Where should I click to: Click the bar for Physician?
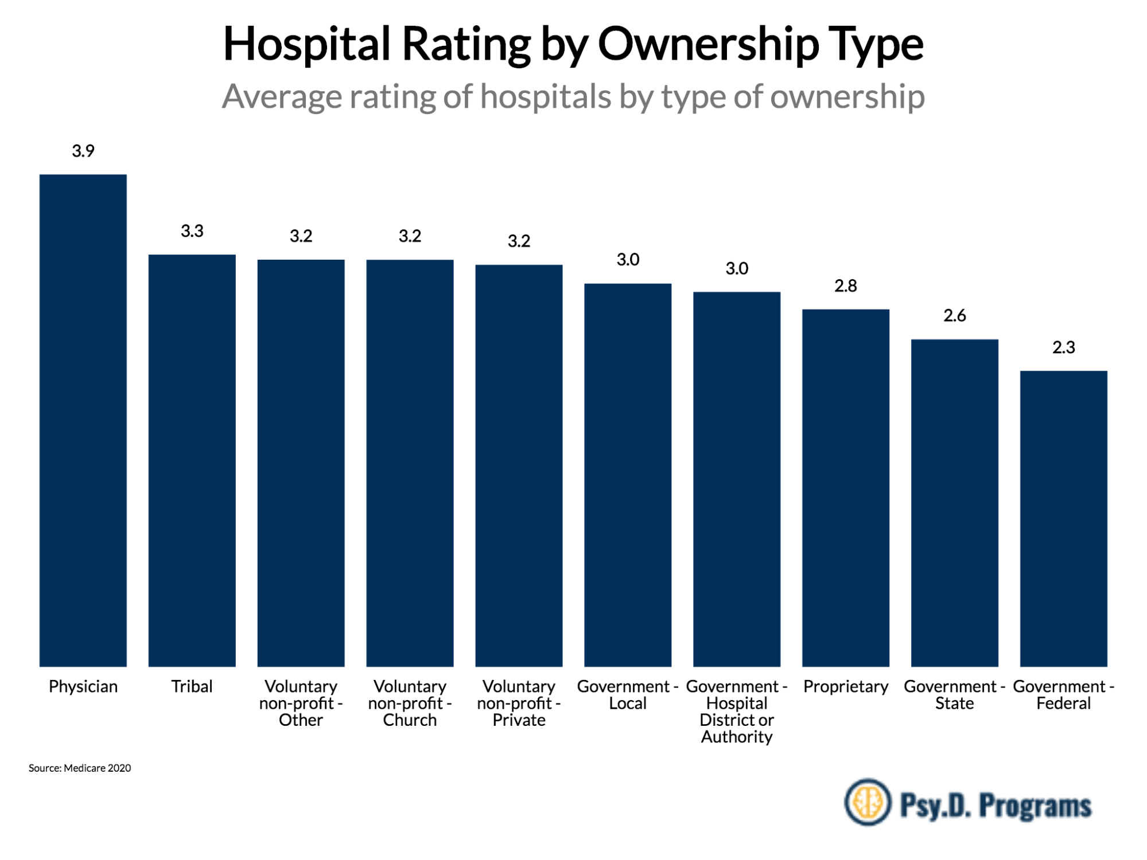coord(83,420)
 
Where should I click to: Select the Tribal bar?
coord(192,460)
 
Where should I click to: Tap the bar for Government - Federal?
coord(1063,518)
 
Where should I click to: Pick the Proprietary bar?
coord(845,488)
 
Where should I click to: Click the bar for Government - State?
coord(954,503)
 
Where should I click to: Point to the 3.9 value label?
coord(83,151)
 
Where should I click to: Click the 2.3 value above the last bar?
coord(1063,347)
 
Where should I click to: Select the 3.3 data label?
coord(192,231)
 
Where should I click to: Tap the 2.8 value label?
coord(845,286)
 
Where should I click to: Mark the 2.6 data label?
coord(954,316)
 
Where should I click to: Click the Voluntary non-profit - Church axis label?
coord(410,703)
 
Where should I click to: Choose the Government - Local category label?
coord(628,695)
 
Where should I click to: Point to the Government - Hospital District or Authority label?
coord(737,712)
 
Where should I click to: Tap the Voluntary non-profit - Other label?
coord(301,703)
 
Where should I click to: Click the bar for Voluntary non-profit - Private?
coord(519,466)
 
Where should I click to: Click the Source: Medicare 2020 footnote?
coord(80,768)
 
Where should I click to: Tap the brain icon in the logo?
coord(867,802)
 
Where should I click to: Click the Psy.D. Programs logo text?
coord(996,805)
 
